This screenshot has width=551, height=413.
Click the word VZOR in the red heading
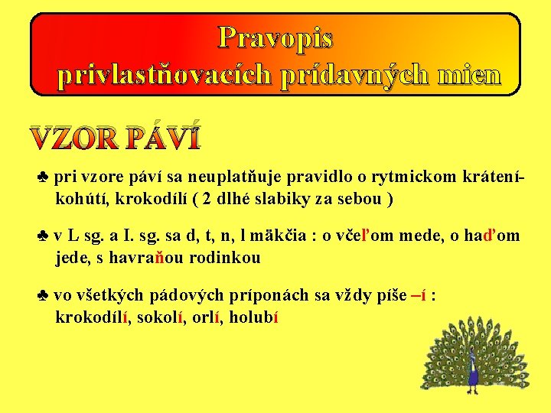[x=75, y=137]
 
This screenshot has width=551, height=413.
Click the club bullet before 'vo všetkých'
[x=43, y=296]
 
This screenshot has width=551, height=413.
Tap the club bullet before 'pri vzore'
[x=43, y=178]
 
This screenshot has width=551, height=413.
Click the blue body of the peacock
[x=473, y=372]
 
